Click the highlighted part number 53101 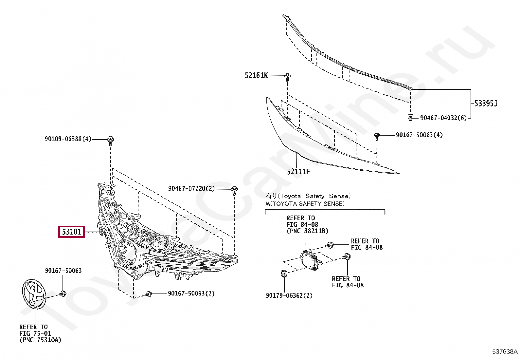click(71, 232)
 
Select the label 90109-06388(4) click(68, 139)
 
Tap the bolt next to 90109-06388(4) click(111, 140)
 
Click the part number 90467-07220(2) click(191, 189)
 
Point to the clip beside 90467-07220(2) click(234, 190)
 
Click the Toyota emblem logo click(34, 294)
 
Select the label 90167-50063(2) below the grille click(191, 294)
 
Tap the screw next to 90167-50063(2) click(149, 294)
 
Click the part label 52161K click(256, 76)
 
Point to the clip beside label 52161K click(287, 77)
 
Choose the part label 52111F click(298, 172)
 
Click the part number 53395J click(486, 104)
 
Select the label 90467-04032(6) click(443, 118)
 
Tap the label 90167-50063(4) click(419, 135)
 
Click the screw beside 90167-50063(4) click(377, 135)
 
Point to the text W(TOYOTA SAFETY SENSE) click(305, 204)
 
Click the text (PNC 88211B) click(307, 231)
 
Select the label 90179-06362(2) click(289, 295)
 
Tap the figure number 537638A click(505, 352)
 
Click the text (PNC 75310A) click(40, 340)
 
